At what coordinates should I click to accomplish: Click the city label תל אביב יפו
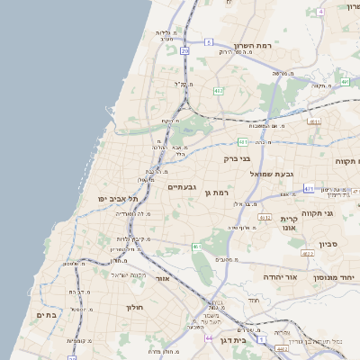(120, 198)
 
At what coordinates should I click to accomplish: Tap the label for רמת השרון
(253, 45)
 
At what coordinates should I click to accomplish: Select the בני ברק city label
(238, 158)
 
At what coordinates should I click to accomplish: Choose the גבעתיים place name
(183, 186)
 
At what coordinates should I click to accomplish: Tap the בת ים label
(47, 315)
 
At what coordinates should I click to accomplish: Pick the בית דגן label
(232, 340)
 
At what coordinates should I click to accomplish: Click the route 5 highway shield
(209, 41)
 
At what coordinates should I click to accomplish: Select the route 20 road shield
(184, 51)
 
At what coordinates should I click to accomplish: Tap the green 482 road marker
(219, 90)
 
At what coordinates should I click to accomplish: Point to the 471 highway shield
(309, 188)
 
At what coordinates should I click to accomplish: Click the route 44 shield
(209, 337)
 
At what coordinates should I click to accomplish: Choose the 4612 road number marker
(264, 216)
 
